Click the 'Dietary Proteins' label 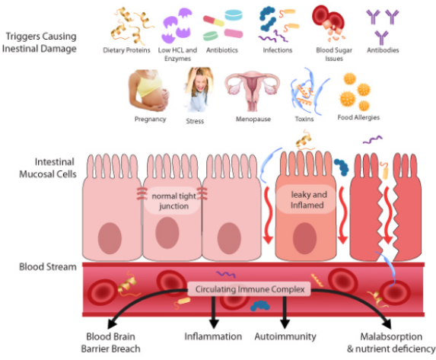coord(126,50)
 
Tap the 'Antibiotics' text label coord(222,50)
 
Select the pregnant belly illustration coord(149,91)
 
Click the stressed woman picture coord(198,90)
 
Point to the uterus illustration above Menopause coord(253,91)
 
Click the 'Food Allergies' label coord(358,117)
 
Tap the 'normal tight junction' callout coord(173,201)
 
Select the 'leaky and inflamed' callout coord(307,199)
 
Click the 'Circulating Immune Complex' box coord(250,289)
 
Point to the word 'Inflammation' coord(213,336)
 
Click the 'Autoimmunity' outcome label coord(285,336)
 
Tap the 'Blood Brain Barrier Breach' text coord(110,342)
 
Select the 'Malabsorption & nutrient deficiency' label coord(391,342)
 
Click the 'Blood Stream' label coord(47,267)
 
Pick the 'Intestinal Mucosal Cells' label coord(47,167)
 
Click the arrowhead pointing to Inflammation coord(214,324)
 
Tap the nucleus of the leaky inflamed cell coord(305,238)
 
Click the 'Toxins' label coord(304,119)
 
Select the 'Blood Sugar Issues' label coord(334,54)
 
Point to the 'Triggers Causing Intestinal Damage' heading coord(40,43)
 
